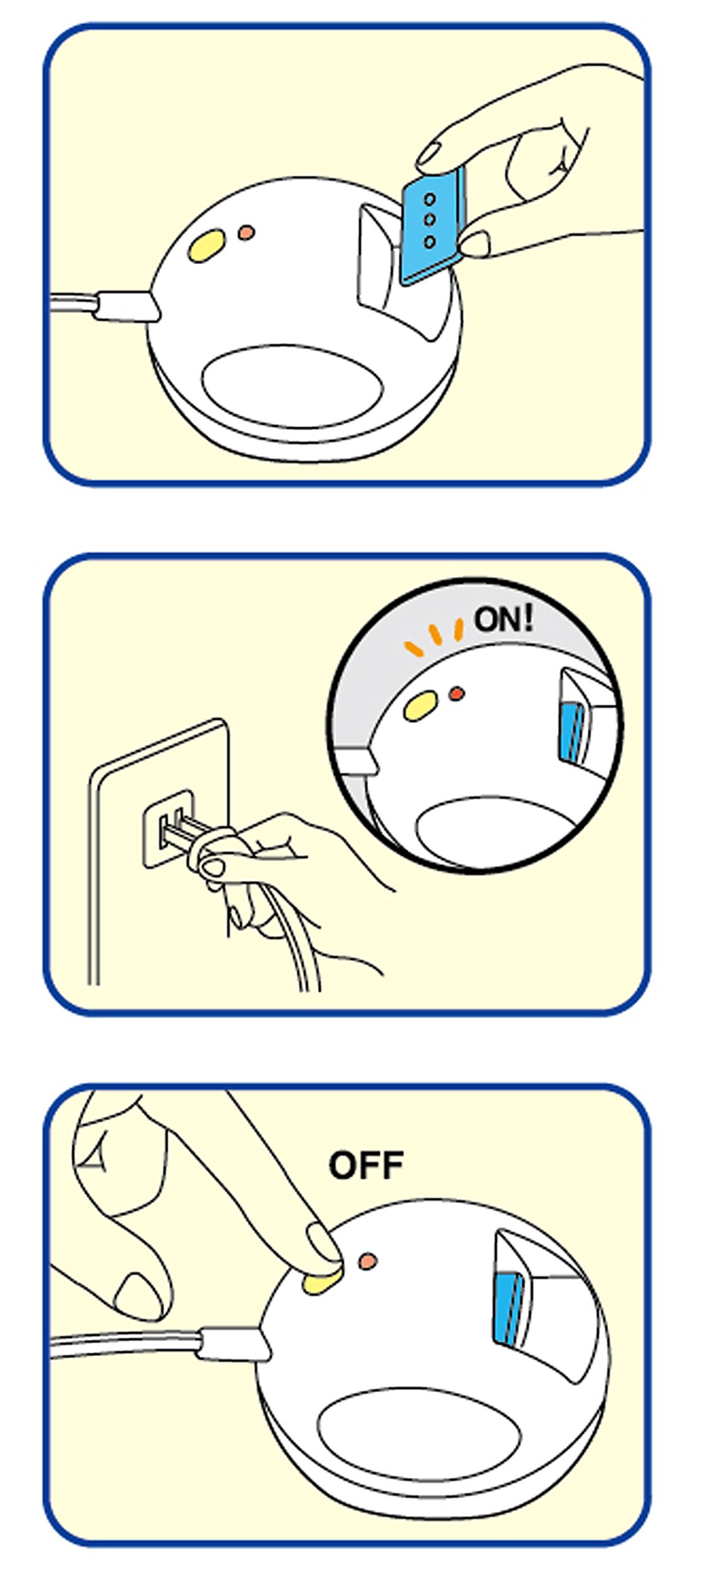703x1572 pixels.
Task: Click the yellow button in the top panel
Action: click(209, 245)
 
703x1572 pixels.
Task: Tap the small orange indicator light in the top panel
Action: click(246, 233)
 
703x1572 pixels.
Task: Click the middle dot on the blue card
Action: click(430, 219)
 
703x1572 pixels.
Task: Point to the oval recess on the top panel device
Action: click(293, 385)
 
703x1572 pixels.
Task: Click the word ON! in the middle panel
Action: click(503, 620)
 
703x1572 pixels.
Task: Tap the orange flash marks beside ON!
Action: click(433, 637)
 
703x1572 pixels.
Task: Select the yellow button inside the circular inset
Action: click(421, 705)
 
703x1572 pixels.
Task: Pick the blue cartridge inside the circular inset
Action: click(572, 733)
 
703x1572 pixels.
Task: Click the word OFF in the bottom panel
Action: click(366, 1165)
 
